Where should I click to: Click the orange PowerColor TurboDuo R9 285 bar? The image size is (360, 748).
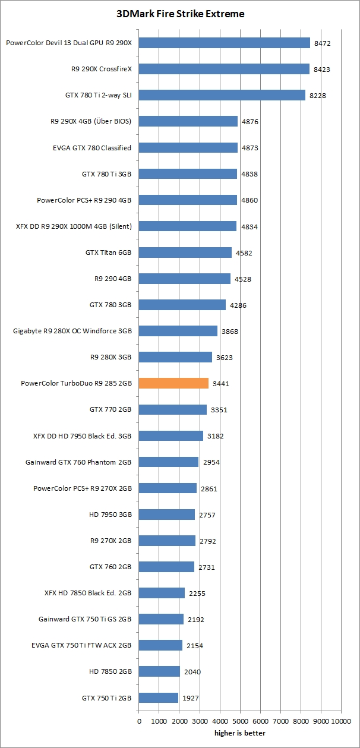click(173, 383)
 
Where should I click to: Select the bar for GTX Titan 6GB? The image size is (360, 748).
click(185, 253)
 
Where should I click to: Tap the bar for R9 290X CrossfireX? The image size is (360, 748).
click(224, 69)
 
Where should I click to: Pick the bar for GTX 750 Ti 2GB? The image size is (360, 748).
click(158, 697)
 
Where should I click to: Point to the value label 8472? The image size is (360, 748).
click(323, 43)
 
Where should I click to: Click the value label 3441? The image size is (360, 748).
click(221, 384)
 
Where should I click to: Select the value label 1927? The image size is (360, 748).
click(190, 698)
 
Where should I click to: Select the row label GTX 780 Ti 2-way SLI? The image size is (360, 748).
click(98, 95)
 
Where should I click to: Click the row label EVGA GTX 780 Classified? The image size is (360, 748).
click(92, 147)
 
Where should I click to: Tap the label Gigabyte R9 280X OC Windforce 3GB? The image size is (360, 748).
click(72, 331)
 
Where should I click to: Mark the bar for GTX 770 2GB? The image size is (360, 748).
click(172, 409)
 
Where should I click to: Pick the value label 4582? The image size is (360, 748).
click(244, 253)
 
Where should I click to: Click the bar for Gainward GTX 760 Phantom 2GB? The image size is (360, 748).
click(168, 462)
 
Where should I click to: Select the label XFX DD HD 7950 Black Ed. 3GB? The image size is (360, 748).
click(82, 435)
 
